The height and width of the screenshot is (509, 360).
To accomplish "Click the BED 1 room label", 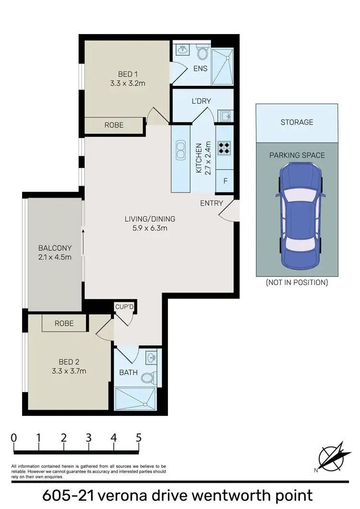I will pos(128,74).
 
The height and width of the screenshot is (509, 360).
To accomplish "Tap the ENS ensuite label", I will pos(200,68).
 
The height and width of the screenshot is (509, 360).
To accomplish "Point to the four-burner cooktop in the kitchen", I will pos(224,147).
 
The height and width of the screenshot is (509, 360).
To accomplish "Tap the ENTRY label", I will pos(211,203).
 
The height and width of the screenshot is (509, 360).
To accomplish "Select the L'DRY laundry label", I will pos(201,101).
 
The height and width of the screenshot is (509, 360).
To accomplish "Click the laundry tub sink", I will pos(226,115).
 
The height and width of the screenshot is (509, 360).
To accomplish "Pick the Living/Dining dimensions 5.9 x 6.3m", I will pos(150,228).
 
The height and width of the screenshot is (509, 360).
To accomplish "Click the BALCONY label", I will pos(55,248).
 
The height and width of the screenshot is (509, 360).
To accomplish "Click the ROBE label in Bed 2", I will pos(64,323).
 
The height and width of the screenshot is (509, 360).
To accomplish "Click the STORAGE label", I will pos(297,122).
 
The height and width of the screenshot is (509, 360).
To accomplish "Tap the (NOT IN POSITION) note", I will pos(297,283).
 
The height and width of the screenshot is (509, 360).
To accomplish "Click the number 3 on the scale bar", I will pos(89,438).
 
